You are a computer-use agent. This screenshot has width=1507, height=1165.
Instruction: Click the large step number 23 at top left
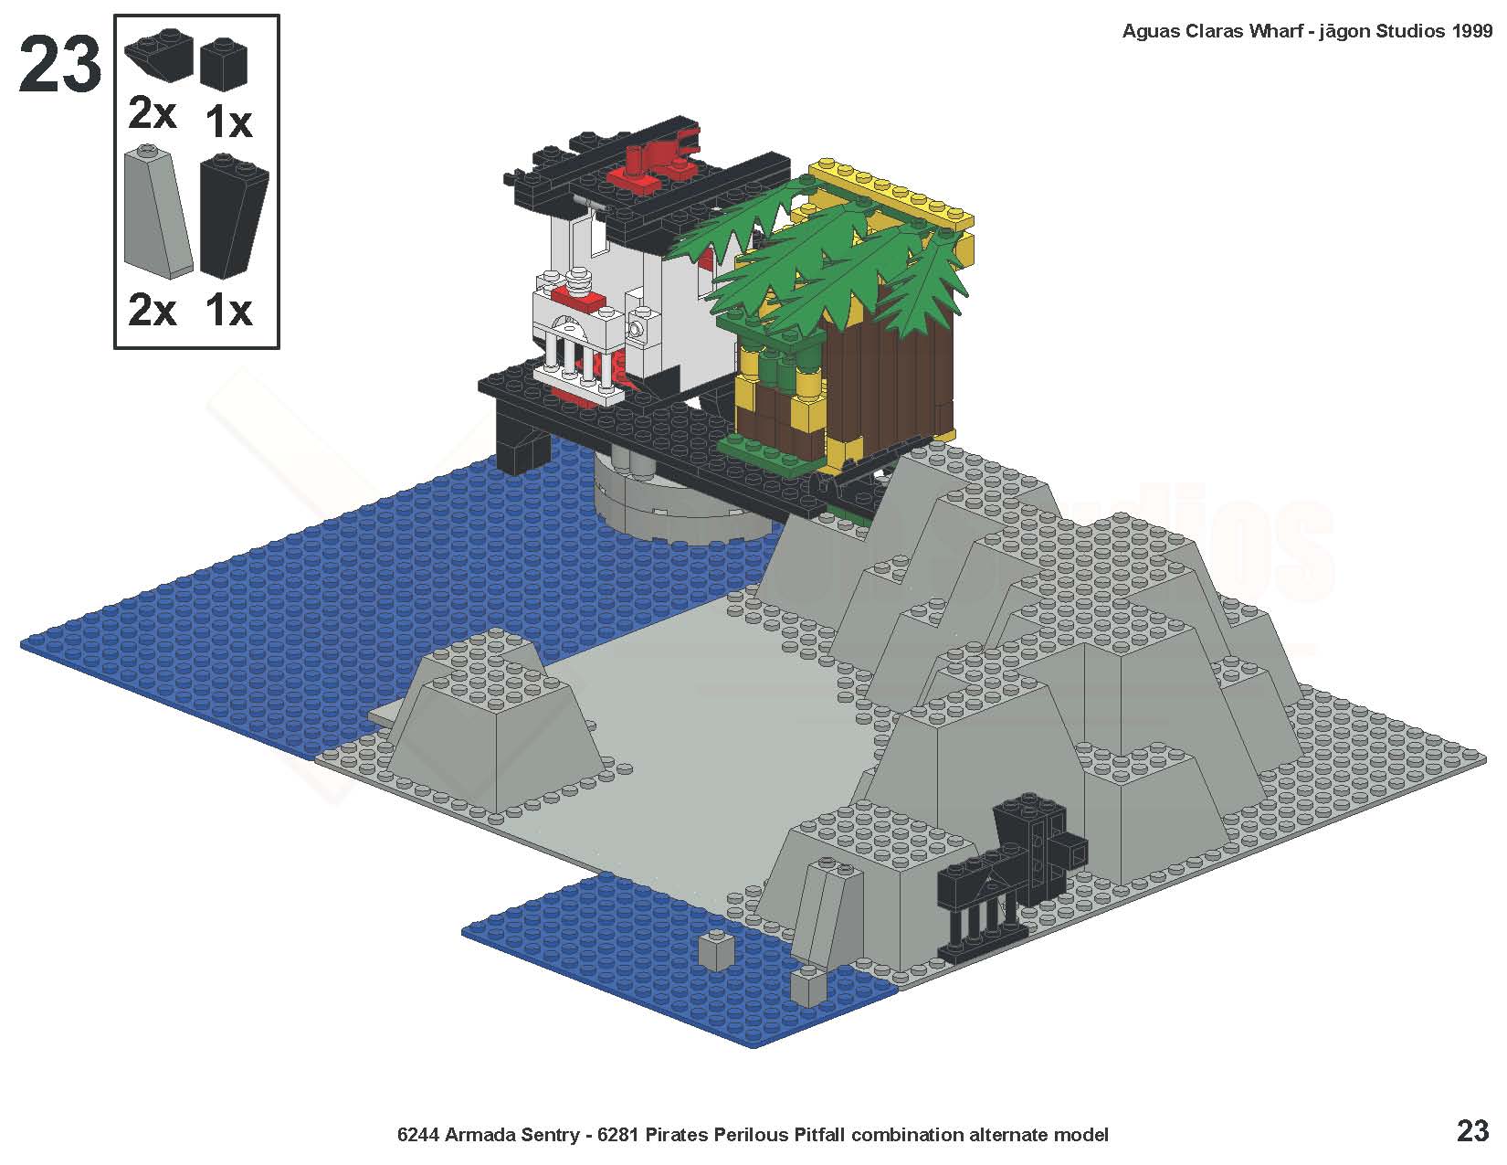pos(59,64)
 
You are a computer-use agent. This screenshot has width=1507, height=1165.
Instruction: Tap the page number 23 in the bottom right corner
pos(1472,1131)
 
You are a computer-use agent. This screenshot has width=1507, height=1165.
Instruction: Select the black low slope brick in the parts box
pos(159,55)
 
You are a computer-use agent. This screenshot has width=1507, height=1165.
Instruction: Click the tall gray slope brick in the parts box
pos(157,212)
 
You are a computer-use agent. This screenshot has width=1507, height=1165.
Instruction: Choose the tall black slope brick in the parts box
pos(233,217)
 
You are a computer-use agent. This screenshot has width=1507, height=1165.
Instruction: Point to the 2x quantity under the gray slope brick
pos(153,310)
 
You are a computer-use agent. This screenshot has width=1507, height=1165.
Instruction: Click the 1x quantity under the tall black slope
pos(228,310)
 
